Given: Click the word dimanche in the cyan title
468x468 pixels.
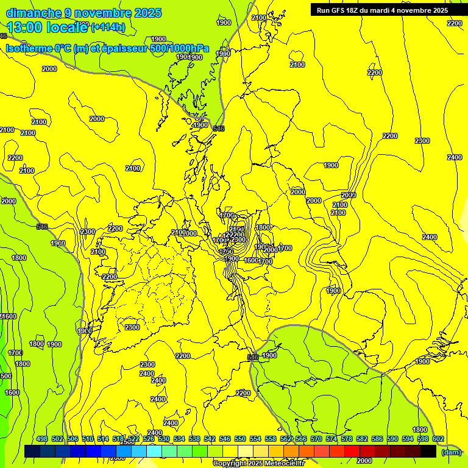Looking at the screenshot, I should [34, 13].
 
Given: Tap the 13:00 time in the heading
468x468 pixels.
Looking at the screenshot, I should [25, 27].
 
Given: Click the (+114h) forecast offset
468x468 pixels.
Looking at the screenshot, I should [109, 27].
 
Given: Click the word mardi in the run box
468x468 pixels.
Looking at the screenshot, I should [389, 10].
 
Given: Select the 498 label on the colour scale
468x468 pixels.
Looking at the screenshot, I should [42, 439].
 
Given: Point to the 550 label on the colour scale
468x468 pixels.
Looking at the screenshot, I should [240, 439].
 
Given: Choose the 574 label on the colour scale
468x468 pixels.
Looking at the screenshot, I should [331, 439].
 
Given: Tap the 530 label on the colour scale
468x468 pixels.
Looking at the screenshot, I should [164, 439].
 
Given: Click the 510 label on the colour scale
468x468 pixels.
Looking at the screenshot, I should [88, 439].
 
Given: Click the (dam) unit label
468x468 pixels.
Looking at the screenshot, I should [451, 452].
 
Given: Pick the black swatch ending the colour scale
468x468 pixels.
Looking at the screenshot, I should [428, 451].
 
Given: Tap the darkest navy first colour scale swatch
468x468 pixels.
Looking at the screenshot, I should [32, 451].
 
